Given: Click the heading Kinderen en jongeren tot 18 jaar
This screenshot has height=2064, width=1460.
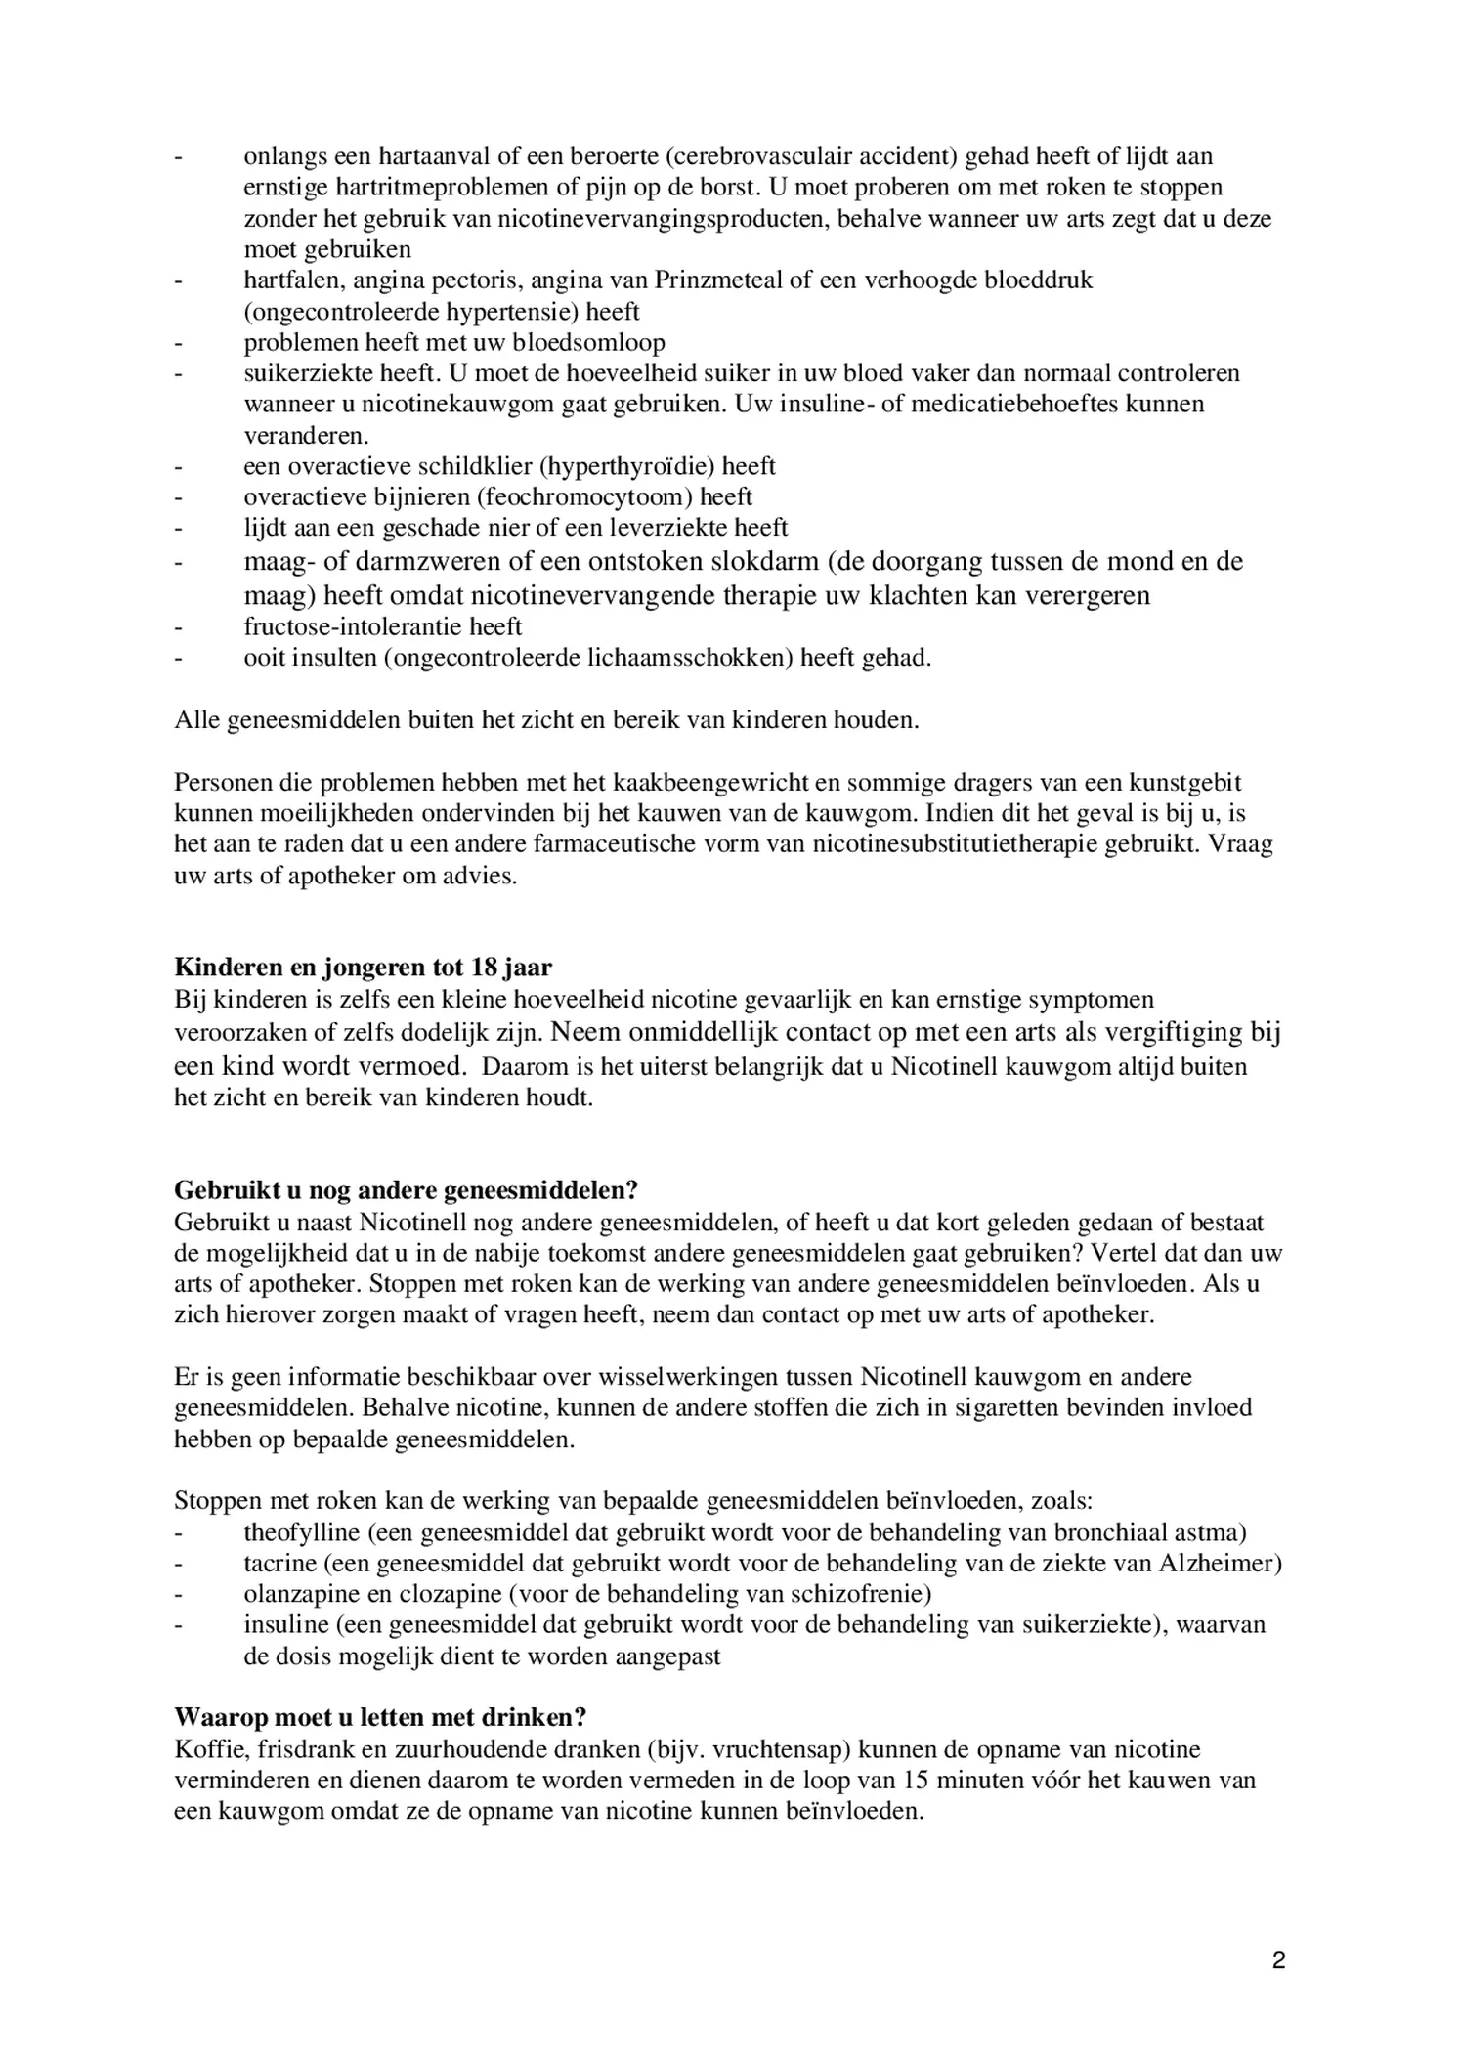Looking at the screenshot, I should pos(363,967).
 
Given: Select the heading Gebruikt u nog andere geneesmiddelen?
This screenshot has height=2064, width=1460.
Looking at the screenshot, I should pos(406,1189).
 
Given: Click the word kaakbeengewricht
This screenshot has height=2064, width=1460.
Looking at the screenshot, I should pos(694,782).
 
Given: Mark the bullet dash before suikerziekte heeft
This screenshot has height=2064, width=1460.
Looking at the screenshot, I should pos(179,373).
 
